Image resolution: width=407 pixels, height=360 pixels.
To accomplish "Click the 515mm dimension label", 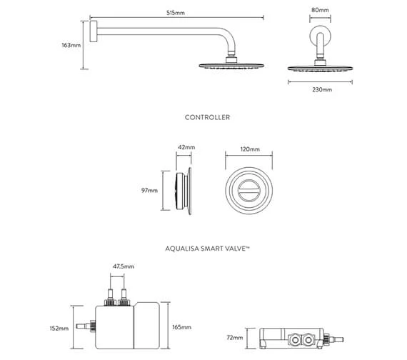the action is click(176, 13).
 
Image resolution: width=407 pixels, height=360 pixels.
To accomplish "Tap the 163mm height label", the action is click(71, 45).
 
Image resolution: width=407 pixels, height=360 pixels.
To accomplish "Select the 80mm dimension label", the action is click(320, 10).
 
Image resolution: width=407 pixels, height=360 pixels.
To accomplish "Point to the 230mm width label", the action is click(322, 89).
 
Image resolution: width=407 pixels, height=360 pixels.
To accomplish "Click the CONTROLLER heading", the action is click(207, 117).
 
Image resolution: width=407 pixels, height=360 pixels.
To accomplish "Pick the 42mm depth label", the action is click(186, 147).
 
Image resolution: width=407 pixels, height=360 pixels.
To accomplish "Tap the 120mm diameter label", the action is click(250, 149).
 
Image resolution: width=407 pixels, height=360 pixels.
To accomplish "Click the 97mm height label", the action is click(149, 191).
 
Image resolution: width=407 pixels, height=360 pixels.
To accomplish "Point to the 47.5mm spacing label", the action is click(124, 266).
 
